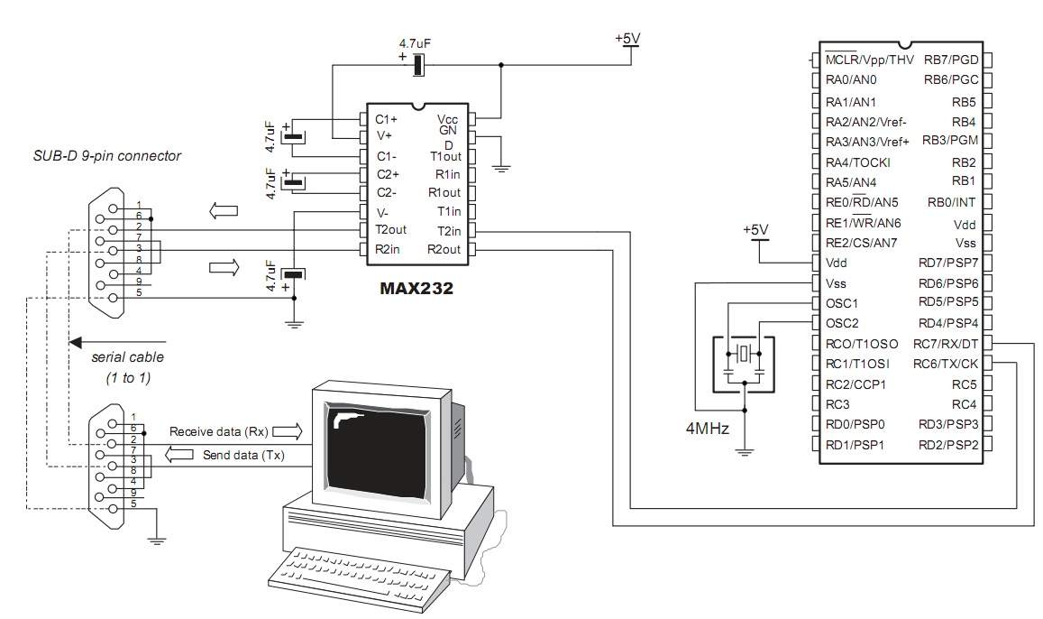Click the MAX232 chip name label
tap(416, 288)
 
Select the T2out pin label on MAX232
tap(390, 229)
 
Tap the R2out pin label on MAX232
tap(444, 250)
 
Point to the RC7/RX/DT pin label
tap(946, 344)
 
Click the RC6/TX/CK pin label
tap(946, 364)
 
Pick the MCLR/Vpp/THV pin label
tap(869, 60)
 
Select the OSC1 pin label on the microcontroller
tap(841, 303)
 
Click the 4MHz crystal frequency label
tap(707, 429)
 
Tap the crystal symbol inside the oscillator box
tap(745, 354)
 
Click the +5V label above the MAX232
tap(627, 39)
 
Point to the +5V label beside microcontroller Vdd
tap(755, 229)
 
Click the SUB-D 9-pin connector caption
tap(107, 156)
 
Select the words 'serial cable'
tap(128, 356)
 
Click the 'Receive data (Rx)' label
tap(219, 432)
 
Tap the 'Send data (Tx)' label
tap(243, 456)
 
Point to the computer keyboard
tap(359, 577)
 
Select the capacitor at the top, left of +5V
tap(417, 65)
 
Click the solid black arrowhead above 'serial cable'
tap(76, 342)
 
